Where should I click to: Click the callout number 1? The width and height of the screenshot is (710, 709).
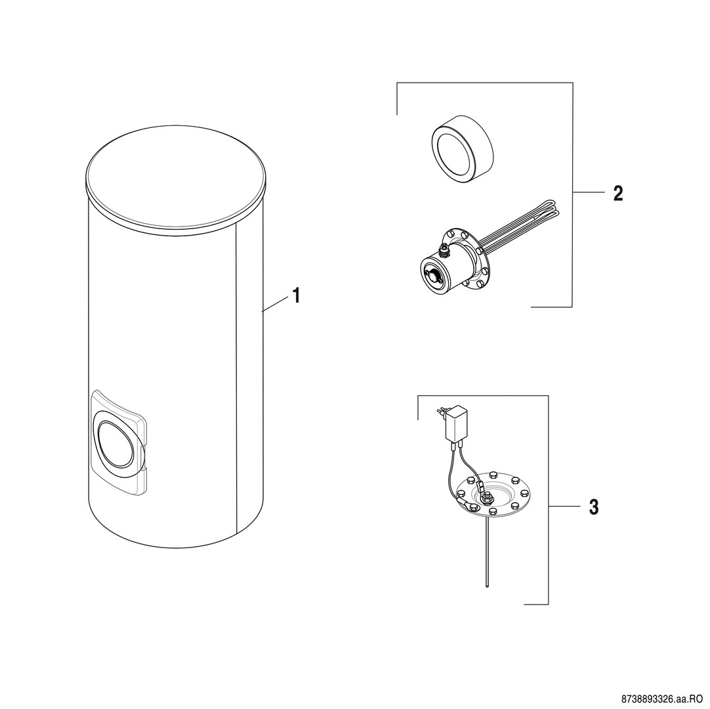[296, 296]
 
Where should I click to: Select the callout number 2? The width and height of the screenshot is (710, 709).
[617, 194]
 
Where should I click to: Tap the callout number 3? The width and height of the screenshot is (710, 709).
[594, 507]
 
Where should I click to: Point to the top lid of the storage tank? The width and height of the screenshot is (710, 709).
[175, 176]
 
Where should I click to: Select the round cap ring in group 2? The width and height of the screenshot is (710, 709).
[463, 155]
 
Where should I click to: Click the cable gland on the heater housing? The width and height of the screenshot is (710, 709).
[444, 249]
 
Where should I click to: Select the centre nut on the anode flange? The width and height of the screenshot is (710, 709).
[488, 499]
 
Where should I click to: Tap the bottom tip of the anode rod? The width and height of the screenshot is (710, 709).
[487, 587]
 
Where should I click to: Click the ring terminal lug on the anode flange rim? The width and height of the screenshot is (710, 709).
[467, 503]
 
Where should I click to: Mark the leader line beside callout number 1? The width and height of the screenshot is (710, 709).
[276, 303]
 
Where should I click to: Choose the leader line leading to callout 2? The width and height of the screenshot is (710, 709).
[589, 192]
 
